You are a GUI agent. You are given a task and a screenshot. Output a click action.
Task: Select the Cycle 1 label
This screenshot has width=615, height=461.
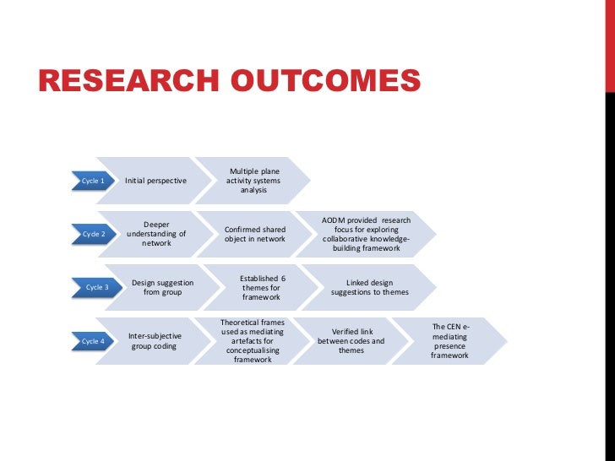[x=92, y=181]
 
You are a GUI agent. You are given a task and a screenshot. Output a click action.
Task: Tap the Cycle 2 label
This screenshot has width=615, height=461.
[x=92, y=234]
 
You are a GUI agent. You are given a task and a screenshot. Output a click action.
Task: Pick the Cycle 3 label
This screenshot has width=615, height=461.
[x=96, y=287]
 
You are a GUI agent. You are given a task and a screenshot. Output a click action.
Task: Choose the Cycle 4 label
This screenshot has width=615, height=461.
[x=92, y=341]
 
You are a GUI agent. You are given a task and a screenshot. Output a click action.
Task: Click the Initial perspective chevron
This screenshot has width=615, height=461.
[x=155, y=181]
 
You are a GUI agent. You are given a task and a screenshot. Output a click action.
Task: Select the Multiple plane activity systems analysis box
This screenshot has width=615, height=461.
[x=253, y=181]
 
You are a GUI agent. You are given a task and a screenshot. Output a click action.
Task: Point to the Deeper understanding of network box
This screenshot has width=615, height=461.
[x=156, y=234]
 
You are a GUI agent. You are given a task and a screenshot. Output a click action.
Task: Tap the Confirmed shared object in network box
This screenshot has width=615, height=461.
[x=254, y=234]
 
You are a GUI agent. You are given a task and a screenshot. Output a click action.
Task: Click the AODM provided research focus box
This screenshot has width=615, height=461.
[x=367, y=234]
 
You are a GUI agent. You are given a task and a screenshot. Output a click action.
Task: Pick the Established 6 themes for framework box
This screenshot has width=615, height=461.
[x=262, y=287]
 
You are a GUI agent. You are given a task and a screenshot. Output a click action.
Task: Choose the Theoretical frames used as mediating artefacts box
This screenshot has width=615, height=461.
[x=253, y=341]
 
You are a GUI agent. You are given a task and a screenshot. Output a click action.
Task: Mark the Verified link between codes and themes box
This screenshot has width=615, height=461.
[x=351, y=341]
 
